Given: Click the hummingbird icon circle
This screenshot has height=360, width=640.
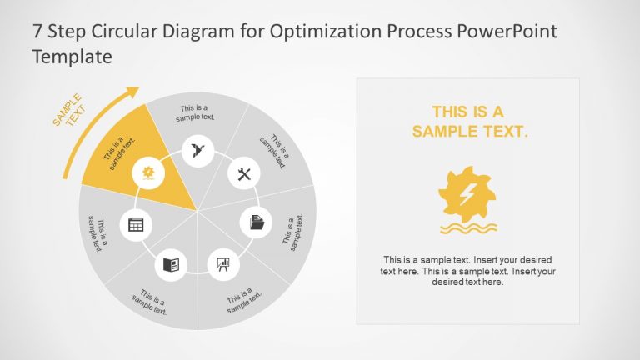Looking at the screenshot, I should pos(198,151).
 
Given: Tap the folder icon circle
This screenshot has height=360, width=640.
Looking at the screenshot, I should pos(257,222).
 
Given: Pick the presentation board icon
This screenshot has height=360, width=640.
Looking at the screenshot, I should pos(223,264).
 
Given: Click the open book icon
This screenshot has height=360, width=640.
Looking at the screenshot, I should pos(171,265).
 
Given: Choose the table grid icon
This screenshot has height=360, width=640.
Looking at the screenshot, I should pos(136,223).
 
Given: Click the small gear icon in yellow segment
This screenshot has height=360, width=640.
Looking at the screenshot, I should pos(149,172).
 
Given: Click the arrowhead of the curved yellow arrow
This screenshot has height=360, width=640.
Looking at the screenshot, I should pos(132,92).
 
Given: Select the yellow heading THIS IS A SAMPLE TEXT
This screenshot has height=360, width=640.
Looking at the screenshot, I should pos(468,122).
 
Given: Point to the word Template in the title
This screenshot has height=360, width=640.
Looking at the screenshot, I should pos(72,57).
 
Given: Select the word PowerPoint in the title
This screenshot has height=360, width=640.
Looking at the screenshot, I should pos(507,32).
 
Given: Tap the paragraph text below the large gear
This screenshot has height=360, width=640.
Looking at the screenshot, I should pos(467,271).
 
